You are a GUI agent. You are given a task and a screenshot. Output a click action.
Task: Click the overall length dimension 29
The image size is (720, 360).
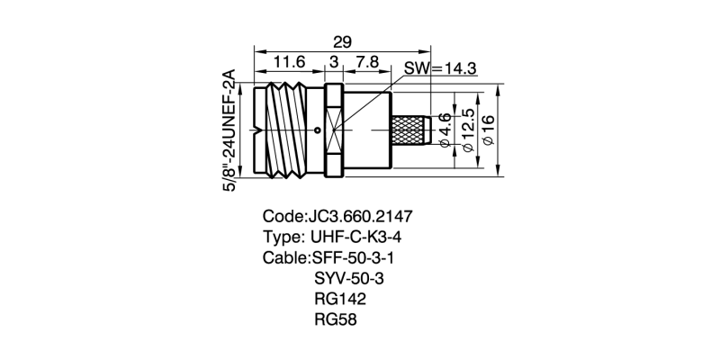coord(342,42)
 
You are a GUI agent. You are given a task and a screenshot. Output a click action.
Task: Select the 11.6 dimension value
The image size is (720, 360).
coord(289,61)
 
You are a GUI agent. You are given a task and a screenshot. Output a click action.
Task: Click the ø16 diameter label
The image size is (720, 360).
coord(489,130)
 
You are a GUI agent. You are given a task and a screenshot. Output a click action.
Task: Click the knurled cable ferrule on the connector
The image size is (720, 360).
coord(412,130)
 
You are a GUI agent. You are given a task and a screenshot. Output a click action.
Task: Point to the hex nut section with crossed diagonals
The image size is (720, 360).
coord(333,130)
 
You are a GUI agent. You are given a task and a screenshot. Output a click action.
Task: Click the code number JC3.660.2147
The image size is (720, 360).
coord(359,217)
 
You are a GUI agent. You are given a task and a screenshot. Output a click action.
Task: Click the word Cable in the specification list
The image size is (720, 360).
coord(284,258)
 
